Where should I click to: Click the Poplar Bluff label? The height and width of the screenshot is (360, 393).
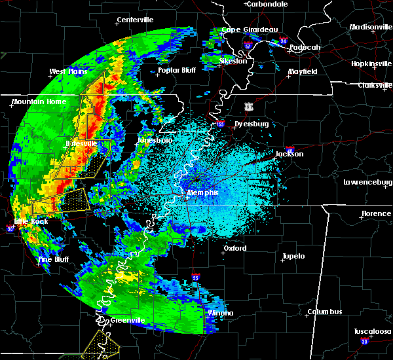177,69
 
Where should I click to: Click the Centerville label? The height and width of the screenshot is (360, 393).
135,20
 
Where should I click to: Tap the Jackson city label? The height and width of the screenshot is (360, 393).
290,154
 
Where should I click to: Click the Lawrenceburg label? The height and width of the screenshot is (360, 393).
367,182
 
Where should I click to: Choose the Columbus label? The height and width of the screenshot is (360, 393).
327,312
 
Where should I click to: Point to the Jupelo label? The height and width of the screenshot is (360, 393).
293,256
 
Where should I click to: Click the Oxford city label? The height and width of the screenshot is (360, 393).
235,249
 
